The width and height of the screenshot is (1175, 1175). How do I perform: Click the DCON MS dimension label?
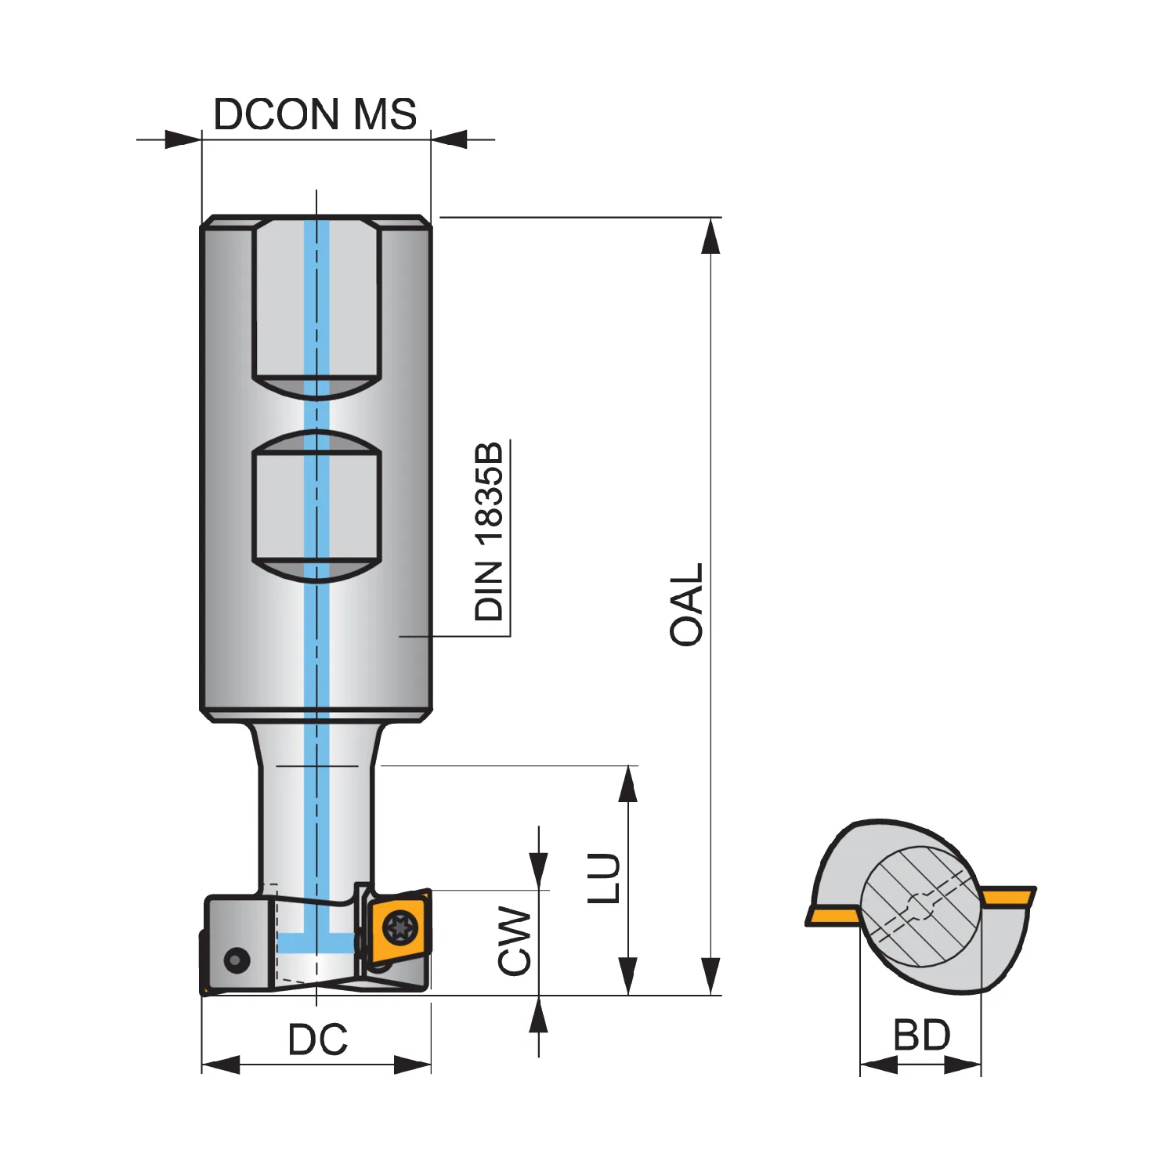tap(315, 114)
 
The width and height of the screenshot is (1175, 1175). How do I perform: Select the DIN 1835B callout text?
tap(489, 532)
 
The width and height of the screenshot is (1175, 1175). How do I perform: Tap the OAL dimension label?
tap(687, 604)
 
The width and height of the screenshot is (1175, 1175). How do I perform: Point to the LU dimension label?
tap(604, 878)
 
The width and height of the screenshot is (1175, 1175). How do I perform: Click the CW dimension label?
tap(515, 941)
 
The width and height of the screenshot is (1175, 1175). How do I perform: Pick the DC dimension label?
tap(317, 1039)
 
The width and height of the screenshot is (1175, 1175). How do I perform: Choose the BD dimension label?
tap(922, 1036)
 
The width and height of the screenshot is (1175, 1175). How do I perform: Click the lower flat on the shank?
tap(316, 506)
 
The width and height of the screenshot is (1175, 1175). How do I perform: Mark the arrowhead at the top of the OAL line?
tap(710, 236)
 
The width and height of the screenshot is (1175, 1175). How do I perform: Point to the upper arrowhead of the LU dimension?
tap(627, 784)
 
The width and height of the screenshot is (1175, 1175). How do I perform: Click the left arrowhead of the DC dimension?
tap(221, 1065)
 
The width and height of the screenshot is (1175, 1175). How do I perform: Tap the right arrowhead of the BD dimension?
tap(963, 1065)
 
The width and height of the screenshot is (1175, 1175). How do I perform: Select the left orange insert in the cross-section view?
tap(833, 916)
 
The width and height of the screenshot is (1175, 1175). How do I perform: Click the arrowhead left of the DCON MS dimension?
tap(183, 140)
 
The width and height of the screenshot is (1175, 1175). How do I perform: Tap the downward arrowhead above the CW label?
tap(539, 871)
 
